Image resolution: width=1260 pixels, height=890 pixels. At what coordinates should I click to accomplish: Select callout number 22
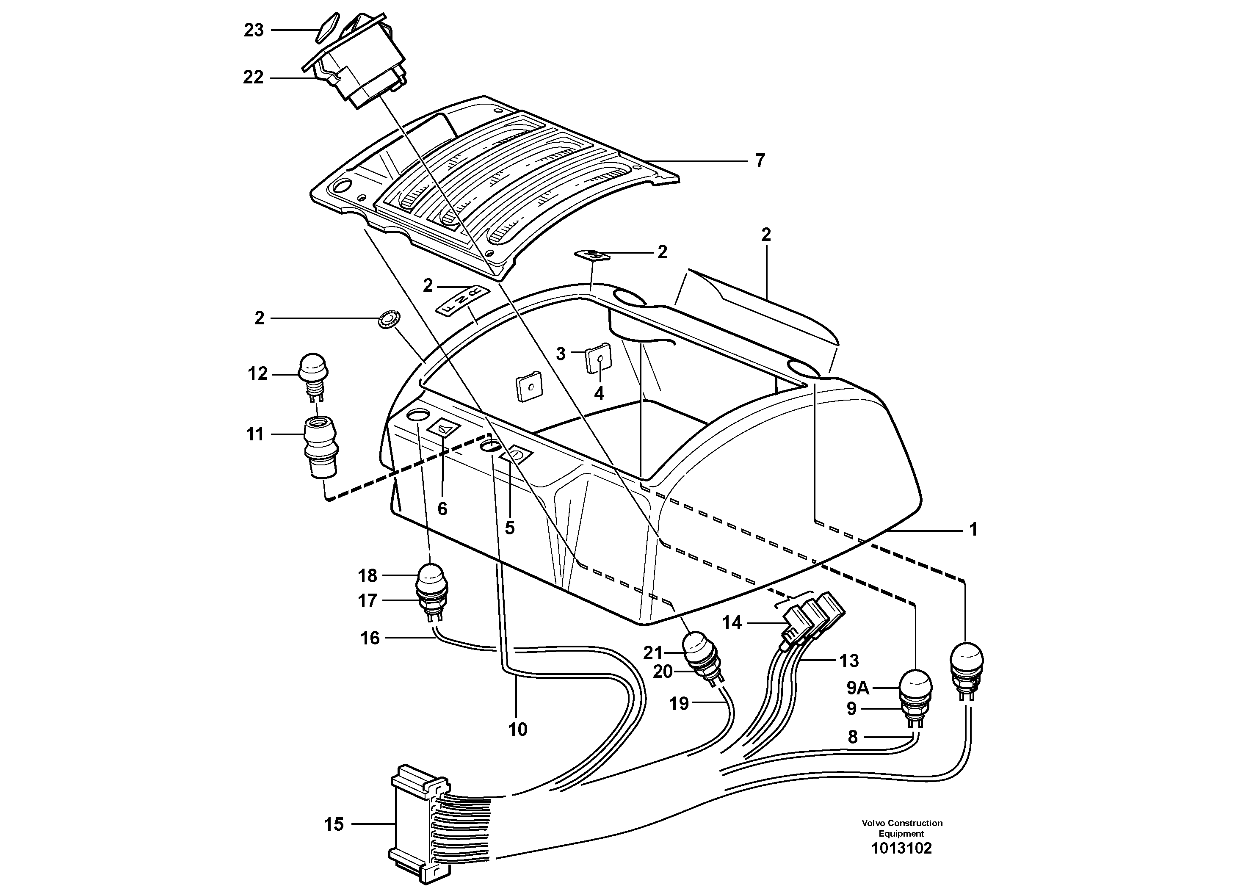(254, 78)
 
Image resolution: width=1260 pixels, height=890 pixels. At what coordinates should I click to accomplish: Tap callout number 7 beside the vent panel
(760, 161)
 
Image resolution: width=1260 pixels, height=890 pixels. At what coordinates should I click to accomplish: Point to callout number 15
(334, 824)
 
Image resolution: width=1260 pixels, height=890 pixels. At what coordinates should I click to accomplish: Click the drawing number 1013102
(902, 849)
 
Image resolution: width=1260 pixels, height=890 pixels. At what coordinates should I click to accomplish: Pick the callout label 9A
(858, 688)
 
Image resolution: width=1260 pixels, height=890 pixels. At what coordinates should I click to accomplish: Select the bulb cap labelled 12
(312, 366)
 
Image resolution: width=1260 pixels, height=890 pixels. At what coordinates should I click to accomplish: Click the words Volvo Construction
(902, 823)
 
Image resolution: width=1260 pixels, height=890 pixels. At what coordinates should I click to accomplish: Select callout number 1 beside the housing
(973, 530)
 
